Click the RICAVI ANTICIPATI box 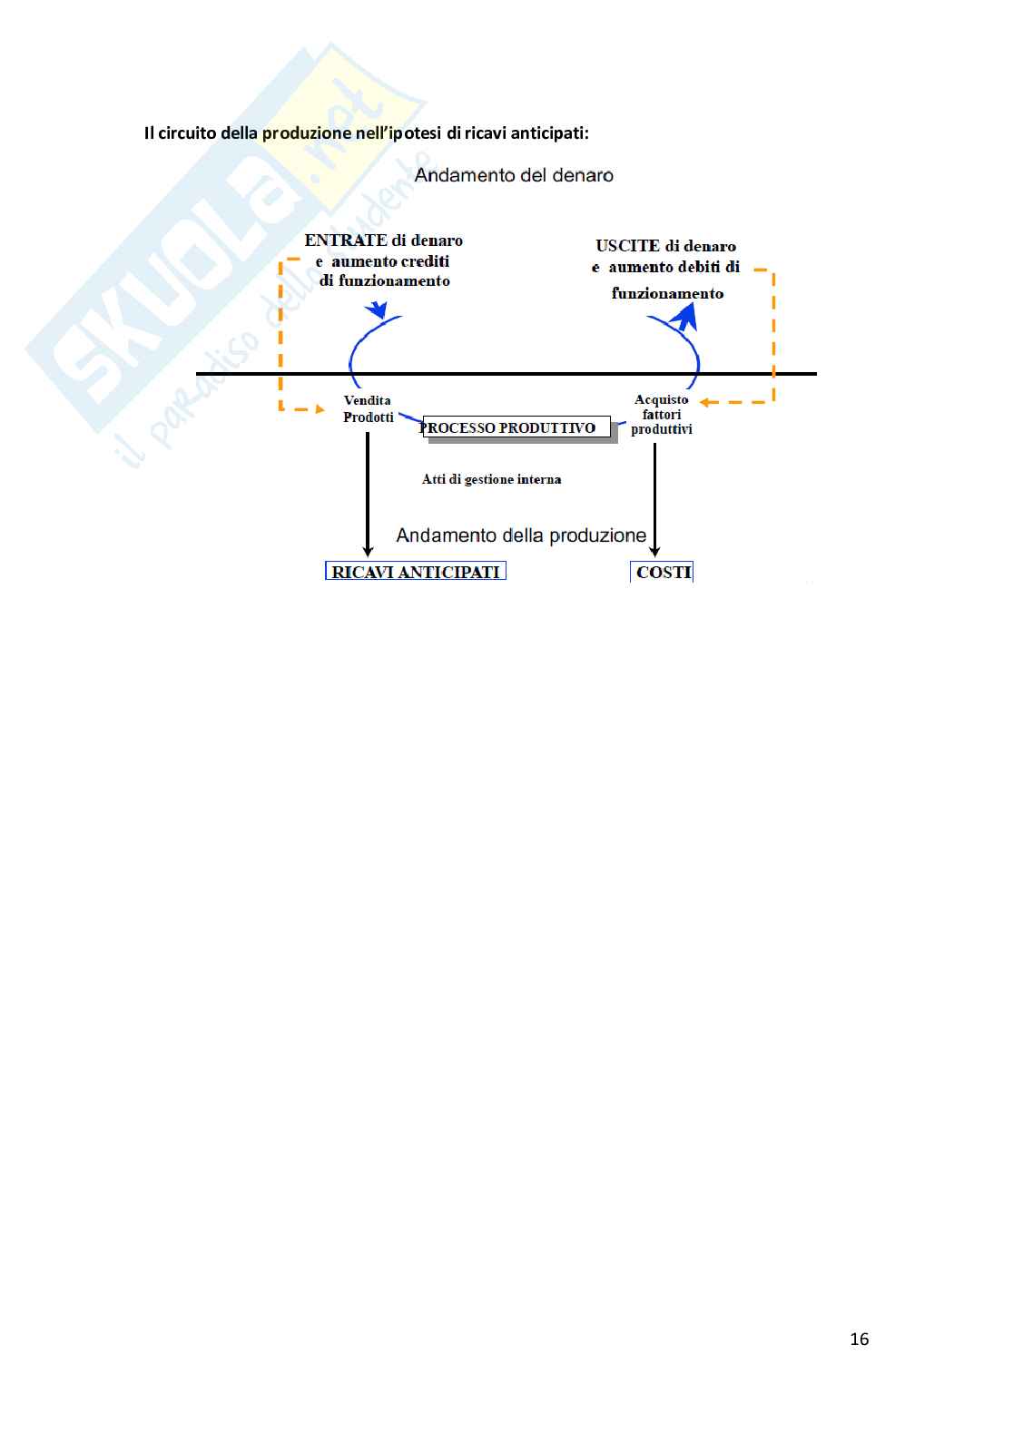pyautogui.click(x=416, y=572)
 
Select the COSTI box pyautogui.click(x=663, y=572)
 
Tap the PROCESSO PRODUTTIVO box pyautogui.click(x=516, y=427)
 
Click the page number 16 pyautogui.click(x=859, y=1339)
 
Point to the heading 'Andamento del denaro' pyautogui.click(x=514, y=175)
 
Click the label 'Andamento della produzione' pyautogui.click(x=521, y=535)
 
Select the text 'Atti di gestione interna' pyautogui.click(x=491, y=479)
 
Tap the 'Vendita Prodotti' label pyautogui.click(x=368, y=408)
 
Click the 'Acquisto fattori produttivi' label pyautogui.click(x=662, y=414)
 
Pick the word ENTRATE pyautogui.click(x=346, y=240)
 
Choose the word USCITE pyautogui.click(x=627, y=246)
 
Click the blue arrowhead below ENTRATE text pyautogui.click(x=378, y=309)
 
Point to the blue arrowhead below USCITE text pyautogui.click(x=684, y=316)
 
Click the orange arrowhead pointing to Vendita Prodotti pyautogui.click(x=320, y=409)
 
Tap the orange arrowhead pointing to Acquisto pyautogui.click(x=704, y=402)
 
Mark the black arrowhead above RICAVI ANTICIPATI pyautogui.click(x=368, y=550)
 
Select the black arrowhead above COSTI pyautogui.click(x=654, y=551)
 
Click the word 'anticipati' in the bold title pyautogui.click(x=548, y=133)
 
